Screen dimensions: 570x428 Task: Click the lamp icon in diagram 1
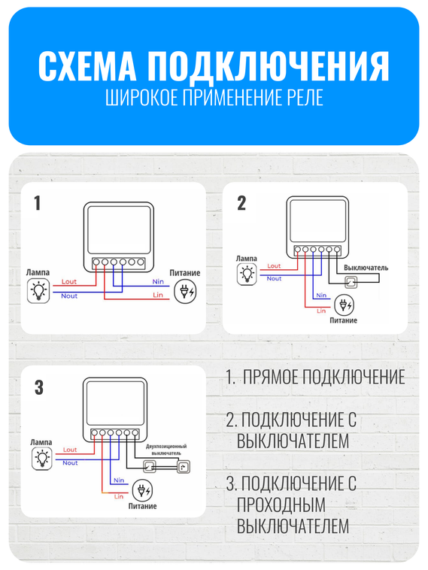click(x=38, y=290)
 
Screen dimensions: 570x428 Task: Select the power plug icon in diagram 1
click(x=184, y=291)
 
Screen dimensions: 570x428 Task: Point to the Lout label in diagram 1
click(x=69, y=281)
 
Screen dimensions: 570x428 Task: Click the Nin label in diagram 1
click(x=158, y=281)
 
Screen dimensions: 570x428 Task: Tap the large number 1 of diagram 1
click(x=37, y=204)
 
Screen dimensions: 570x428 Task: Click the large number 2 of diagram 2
click(x=241, y=204)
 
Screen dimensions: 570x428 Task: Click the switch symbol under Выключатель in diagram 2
click(x=351, y=283)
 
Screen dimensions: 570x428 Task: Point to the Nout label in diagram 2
click(x=275, y=279)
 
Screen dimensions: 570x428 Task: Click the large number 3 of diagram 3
click(x=38, y=388)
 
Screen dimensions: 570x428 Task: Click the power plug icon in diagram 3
click(x=141, y=490)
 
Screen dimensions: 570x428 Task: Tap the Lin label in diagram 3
click(x=118, y=496)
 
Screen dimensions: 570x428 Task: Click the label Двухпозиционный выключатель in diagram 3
click(x=165, y=450)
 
